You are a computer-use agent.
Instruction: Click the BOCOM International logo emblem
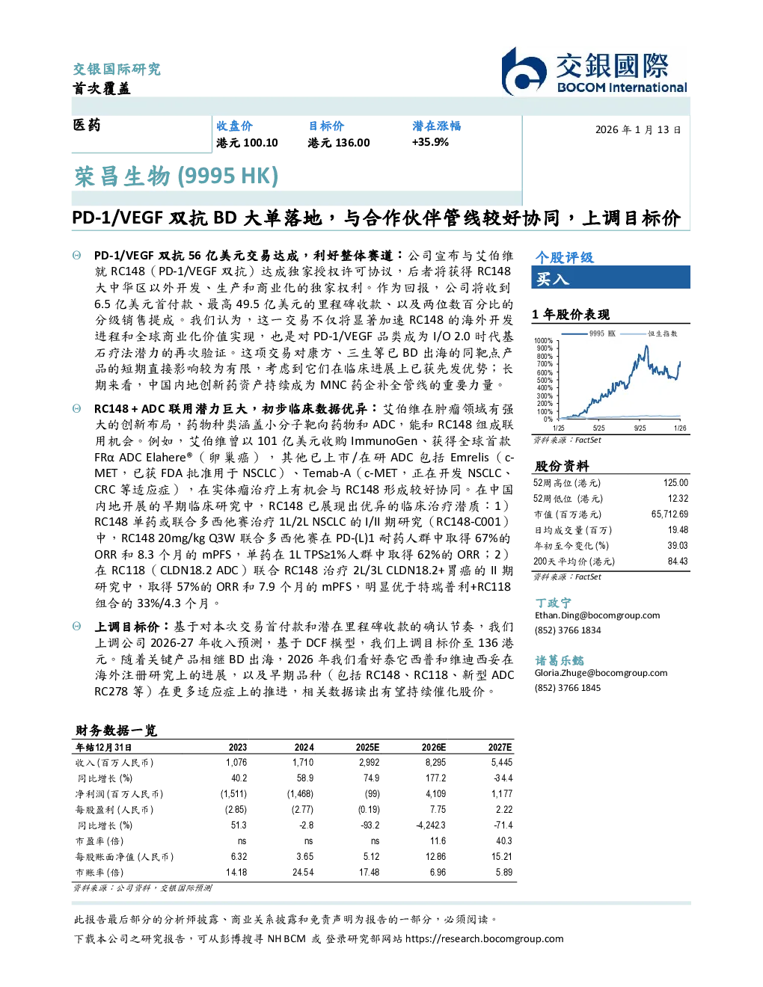coord(524,71)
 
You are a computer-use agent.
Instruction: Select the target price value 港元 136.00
coord(339,143)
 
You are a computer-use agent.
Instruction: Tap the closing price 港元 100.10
coord(247,143)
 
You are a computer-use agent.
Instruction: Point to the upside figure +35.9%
coord(430,142)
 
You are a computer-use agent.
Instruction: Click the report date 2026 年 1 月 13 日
coord(638,130)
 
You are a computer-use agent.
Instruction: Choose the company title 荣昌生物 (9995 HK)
coord(177,176)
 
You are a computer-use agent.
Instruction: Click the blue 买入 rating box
coord(610,277)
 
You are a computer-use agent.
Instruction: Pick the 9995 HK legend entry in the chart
coord(589,333)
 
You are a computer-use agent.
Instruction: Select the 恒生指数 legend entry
coord(649,333)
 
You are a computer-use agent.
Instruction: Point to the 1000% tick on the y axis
coord(544,340)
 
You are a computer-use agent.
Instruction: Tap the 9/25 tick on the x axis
coord(640,428)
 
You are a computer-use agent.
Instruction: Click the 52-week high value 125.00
coord(675,482)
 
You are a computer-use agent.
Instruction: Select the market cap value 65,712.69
coord(669,514)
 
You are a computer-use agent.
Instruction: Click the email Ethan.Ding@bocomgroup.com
coord(597,615)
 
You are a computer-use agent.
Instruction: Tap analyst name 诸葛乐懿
coord(560,660)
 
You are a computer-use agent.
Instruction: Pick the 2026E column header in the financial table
coord(434,747)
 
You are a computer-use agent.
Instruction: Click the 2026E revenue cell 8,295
coord(435,762)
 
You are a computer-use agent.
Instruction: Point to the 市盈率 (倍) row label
coord(99,840)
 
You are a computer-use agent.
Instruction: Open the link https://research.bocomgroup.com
coord(484,938)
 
